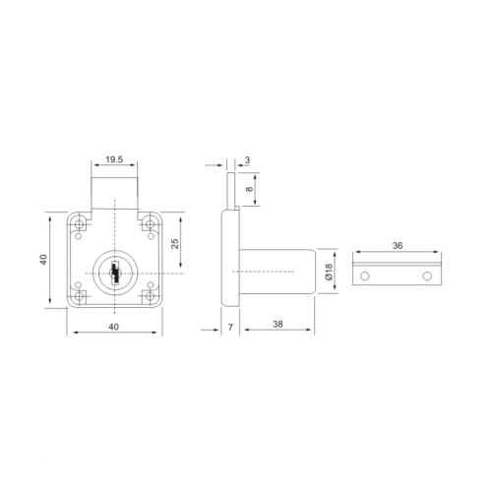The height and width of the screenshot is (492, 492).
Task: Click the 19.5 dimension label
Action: pyautogui.click(x=114, y=159)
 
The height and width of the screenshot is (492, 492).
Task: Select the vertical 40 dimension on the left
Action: pyautogui.click(x=43, y=260)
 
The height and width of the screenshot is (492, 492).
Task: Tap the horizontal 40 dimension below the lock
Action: pyautogui.click(x=114, y=327)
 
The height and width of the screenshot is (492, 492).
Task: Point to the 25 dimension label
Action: pyautogui.click(x=175, y=244)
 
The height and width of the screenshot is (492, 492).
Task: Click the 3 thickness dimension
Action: pyautogui.click(x=247, y=160)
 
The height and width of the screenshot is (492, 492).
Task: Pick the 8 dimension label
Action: pyautogui.click(x=250, y=189)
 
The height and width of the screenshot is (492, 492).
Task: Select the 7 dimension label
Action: pyautogui.click(x=230, y=328)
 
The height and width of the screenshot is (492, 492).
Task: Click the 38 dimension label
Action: pyautogui.click(x=277, y=324)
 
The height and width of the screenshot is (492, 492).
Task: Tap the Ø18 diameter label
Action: pyautogui.click(x=329, y=272)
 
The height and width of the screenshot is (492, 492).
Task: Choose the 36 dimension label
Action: pyautogui.click(x=398, y=245)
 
